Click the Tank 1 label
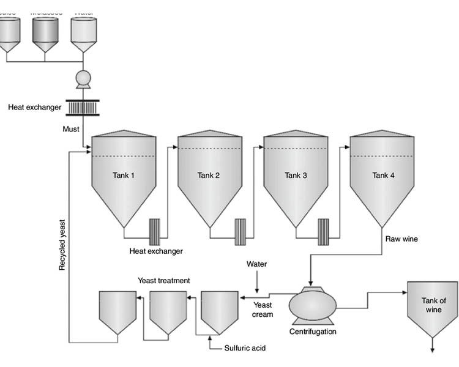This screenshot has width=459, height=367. pyautogui.click(x=123, y=176)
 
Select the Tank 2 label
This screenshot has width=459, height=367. pyautogui.click(x=209, y=176)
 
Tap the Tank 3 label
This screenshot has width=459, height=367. pyautogui.click(x=296, y=176)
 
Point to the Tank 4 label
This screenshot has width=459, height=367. pyautogui.click(x=384, y=176)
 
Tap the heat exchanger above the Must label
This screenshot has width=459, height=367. pyautogui.click(x=83, y=108)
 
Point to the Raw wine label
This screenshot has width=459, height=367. pyautogui.click(x=401, y=239)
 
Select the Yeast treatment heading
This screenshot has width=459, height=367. pyautogui.click(x=163, y=281)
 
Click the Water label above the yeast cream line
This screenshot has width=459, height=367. pyautogui.click(x=257, y=264)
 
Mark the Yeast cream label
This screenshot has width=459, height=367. pyautogui.click(x=263, y=310)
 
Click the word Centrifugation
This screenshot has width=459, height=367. pyautogui.click(x=313, y=332)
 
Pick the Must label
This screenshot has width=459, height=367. pyautogui.click(x=71, y=129)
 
